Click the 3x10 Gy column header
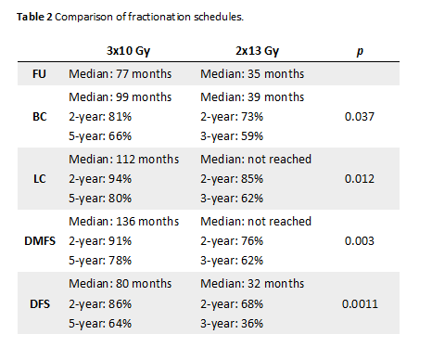pos(128,51)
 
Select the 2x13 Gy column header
pos(257,51)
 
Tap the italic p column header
pos(360,52)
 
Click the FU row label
pos(39,74)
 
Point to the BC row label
pos(40,117)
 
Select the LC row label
pos(40,179)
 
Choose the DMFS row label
pos(40,241)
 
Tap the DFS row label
pos(40,304)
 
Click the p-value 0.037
pos(360,117)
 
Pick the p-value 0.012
pos(360,179)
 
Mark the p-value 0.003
pos(360,241)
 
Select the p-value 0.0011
pos(360,304)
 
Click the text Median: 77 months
pos(121,74)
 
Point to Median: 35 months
pos(252,74)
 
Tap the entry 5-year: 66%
pos(100,136)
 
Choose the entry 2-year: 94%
pos(100,179)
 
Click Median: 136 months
pos(124,222)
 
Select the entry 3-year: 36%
pos(232,324)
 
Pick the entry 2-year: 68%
pos(232,304)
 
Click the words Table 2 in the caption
pos(34,17)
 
